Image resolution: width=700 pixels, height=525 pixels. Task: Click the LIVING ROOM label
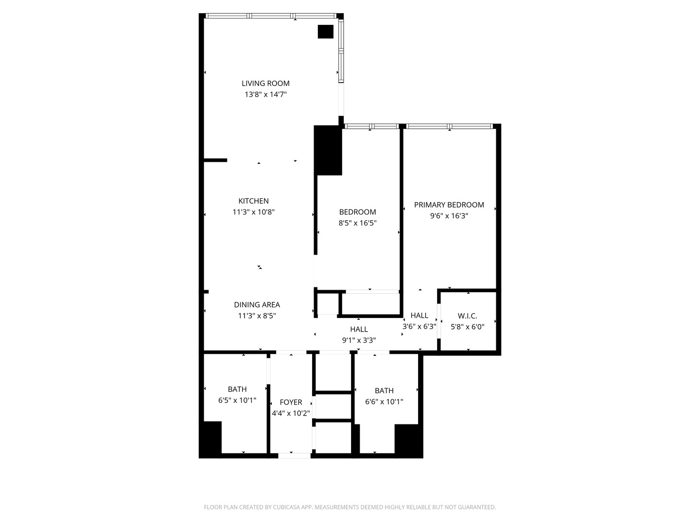coord(265,84)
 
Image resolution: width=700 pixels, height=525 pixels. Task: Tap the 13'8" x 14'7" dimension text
coord(265,94)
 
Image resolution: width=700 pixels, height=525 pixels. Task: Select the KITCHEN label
coord(254,201)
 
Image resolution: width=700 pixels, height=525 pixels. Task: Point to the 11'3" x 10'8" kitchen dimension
coord(254,212)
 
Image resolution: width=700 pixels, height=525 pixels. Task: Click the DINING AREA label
coord(257,305)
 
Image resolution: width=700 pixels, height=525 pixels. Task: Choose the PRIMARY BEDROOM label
coord(449,205)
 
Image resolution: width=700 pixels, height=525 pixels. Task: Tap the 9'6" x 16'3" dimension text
coord(449,216)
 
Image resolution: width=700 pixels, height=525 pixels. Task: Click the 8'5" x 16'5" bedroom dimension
coord(357,223)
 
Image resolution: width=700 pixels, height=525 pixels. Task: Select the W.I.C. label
coord(468,316)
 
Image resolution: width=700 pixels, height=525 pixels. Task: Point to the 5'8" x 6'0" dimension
coord(468,327)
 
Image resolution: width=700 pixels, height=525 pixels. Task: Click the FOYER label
coord(291,402)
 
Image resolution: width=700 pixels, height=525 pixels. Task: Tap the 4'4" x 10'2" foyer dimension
coord(291,413)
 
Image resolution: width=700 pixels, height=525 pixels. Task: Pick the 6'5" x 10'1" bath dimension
coord(237,400)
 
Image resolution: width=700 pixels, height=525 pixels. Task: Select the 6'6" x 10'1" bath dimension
coord(385,402)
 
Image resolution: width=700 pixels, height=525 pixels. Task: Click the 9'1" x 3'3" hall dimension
coord(359,340)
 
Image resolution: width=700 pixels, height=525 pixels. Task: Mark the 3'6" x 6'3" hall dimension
coord(420,326)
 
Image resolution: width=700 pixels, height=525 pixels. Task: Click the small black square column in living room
coord(326,32)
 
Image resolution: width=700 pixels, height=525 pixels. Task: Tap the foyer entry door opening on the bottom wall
coord(295,456)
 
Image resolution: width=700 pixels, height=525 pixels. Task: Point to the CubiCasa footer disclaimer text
coord(350,507)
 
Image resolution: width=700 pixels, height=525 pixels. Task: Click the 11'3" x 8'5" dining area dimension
coord(257,316)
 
